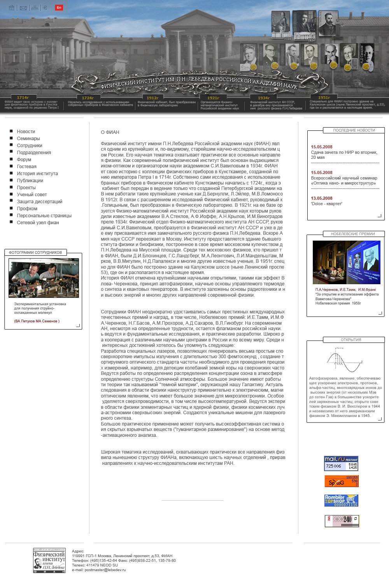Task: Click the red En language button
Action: (x=59, y=7)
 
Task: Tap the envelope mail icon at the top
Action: (x=23, y=8)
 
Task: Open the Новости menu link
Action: (x=26, y=132)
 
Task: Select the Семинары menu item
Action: (x=28, y=139)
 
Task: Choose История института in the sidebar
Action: (x=37, y=174)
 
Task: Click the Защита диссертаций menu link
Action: (x=40, y=202)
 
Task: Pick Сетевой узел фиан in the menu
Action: (x=38, y=223)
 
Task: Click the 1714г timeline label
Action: (x=23, y=98)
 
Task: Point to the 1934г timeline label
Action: (x=264, y=98)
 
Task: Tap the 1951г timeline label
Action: (x=324, y=98)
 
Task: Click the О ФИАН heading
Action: (x=110, y=132)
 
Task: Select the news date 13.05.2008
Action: (x=322, y=198)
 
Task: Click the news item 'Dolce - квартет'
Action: (x=326, y=204)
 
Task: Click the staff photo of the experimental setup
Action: (x=44, y=278)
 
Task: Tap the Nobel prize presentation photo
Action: (x=346, y=262)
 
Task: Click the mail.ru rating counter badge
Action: (x=341, y=463)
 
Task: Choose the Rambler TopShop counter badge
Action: (x=341, y=500)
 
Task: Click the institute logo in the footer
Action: (x=49, y=560)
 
